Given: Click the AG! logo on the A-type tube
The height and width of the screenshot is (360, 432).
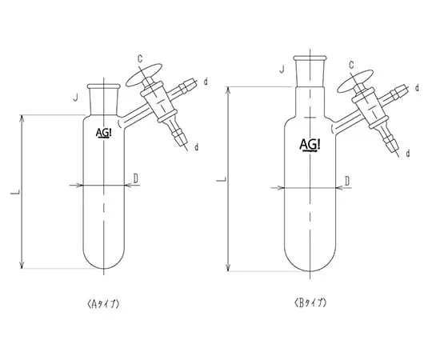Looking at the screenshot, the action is tap(103, 133).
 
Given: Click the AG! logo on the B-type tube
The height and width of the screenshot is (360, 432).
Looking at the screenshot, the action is tap(310, 145).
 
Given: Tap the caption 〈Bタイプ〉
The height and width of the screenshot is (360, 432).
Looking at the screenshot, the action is tap(310, 303).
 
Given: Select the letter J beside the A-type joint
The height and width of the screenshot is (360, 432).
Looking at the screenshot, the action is tap(75, 98).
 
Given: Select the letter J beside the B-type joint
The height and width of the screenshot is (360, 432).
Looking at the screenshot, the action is tap(282, 69).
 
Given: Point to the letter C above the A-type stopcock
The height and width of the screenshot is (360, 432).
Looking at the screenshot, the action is tap(140, 58).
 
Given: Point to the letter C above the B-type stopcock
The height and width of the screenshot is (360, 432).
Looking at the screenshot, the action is tap(351, 66).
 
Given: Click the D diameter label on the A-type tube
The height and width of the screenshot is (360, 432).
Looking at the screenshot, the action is tap(135, 178).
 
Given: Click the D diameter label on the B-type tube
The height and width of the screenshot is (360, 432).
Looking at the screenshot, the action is tap(347, 182).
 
